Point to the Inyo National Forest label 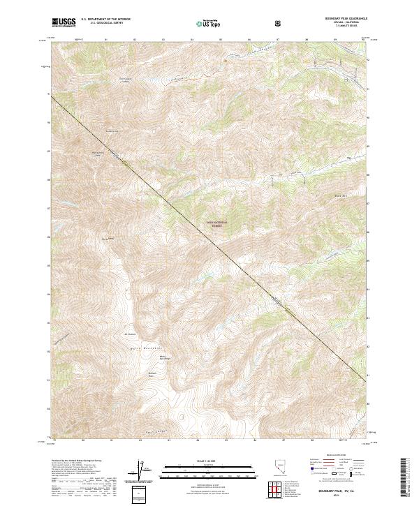click(216, 223)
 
